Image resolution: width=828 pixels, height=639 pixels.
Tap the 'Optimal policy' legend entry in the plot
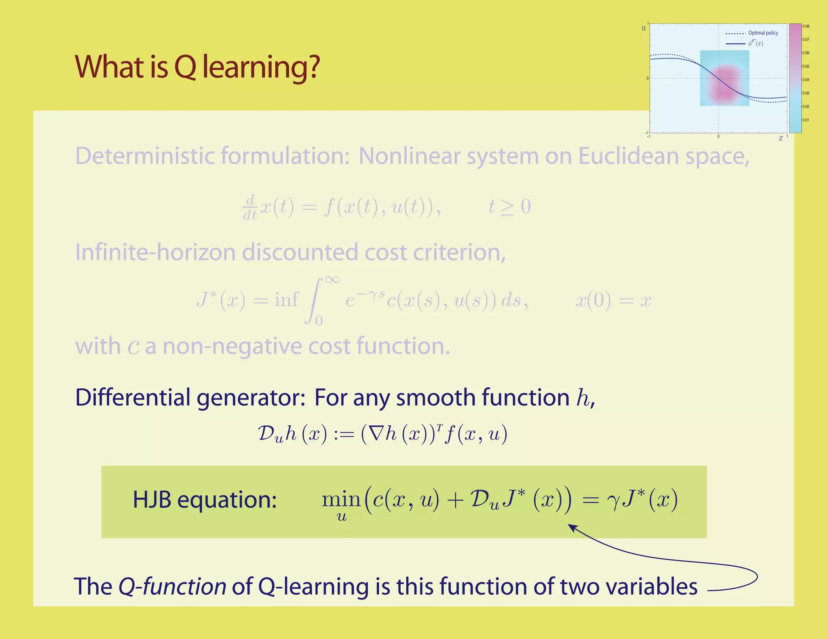point(763,33)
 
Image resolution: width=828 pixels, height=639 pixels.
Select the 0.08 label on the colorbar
point(806,27)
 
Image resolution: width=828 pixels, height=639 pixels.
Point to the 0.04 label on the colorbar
point(806,80)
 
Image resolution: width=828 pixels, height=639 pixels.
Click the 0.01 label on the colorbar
point(806,120)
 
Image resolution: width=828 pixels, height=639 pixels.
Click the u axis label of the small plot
point(644,28)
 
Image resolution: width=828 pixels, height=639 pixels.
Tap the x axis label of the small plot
point(780,139)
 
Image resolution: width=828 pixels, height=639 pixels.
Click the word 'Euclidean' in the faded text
point(628,156)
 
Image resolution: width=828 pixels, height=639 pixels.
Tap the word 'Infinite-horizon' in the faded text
point(156,252)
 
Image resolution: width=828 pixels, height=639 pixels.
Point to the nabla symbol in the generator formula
point(376,435)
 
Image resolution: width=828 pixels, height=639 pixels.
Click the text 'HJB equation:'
point(205,500)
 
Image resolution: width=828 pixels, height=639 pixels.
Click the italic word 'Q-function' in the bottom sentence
point(172,586)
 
